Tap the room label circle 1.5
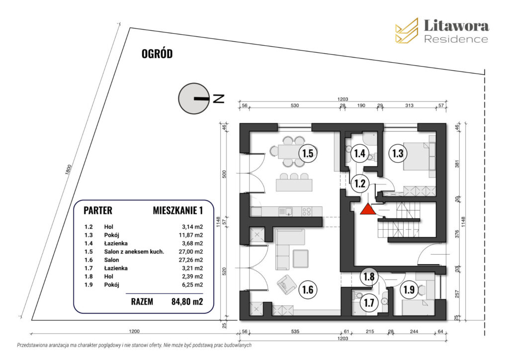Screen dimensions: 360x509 308,153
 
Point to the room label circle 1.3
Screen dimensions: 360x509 397,153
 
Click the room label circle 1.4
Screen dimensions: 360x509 360,153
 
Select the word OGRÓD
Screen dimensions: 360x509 157,54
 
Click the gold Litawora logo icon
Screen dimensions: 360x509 407,30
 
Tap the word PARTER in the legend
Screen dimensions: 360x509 98,211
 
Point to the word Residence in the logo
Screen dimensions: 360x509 456,39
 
